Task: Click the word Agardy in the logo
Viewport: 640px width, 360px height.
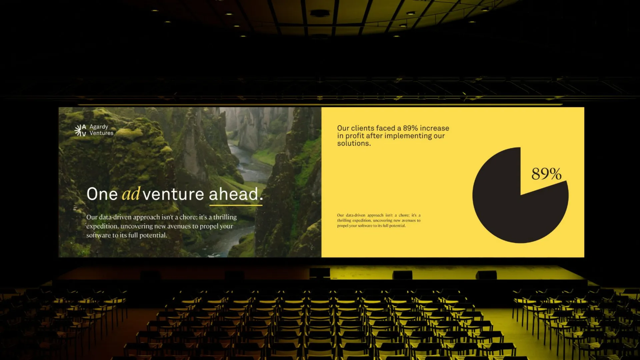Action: (x=99, y=127)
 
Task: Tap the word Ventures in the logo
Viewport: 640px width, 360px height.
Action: (x=101, y=133)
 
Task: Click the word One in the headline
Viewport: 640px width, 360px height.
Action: (x=102, y=194)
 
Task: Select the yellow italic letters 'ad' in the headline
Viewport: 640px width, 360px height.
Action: (x=131, y=194)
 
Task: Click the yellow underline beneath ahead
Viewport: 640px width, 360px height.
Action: (x=236, y=205)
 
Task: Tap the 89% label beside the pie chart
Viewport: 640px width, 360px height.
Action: (x=546, y=174)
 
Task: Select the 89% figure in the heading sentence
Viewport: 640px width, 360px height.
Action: (x=410, y=128)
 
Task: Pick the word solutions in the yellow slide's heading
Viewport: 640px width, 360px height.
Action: (x=354, y=143)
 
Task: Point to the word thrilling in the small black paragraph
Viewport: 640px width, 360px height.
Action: (x=344, y=220)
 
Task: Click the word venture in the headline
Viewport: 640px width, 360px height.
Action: (x=173, y=194)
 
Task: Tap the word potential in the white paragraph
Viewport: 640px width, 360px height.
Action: (x=153, y=236)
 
